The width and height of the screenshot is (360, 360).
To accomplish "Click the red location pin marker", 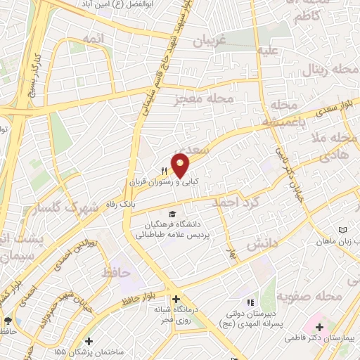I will point(180,165).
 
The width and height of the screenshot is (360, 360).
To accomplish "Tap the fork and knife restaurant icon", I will point(165,170).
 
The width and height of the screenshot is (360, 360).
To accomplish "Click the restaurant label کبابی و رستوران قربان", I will point(163,181).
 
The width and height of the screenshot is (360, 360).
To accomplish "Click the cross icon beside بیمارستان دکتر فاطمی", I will point(320,327).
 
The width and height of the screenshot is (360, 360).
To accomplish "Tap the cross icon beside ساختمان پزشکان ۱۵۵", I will point(89,341).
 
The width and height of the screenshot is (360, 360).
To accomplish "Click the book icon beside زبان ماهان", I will point(343,231).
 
